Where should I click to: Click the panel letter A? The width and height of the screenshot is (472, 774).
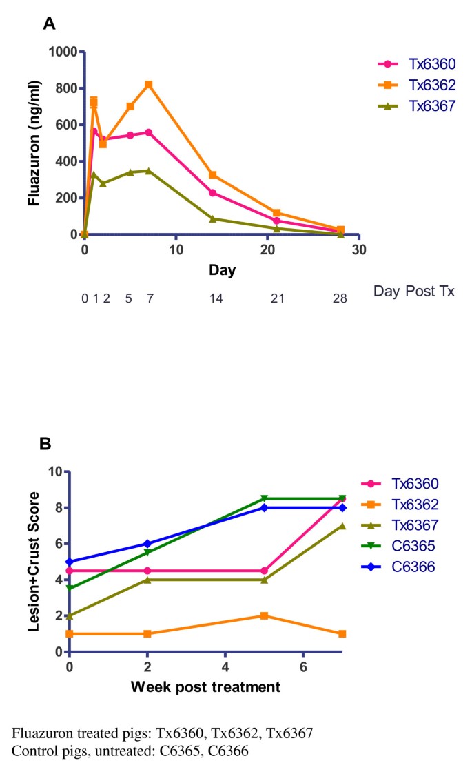pyautogui.click(x=49, y=24)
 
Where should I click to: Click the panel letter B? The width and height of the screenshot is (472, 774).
pyautogui.click(x=45, y=445)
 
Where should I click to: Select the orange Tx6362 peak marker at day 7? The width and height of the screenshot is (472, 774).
pyautogui.click(x=148, y=85)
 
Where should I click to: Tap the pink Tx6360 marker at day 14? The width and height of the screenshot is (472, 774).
pyautogui.click(x=212, y=193)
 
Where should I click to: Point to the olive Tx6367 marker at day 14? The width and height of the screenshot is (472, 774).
pyautogui.click(x=212, y=218)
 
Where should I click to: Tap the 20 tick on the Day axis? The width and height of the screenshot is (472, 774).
pyautogui.click(x=267, y=249)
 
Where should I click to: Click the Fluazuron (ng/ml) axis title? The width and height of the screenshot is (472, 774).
pyautogui.click(x=33, y=143)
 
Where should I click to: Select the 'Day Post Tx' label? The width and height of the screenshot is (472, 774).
pyautogui.click(x=414, y=292)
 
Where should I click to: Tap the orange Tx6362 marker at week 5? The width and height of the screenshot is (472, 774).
pyautogui.click(x=264, y=615)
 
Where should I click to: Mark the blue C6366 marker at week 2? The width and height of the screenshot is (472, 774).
pyautogui.click(x=147, y=544)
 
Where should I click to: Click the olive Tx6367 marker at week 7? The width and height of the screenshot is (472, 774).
pyautogui.click(x=342, y=526)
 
